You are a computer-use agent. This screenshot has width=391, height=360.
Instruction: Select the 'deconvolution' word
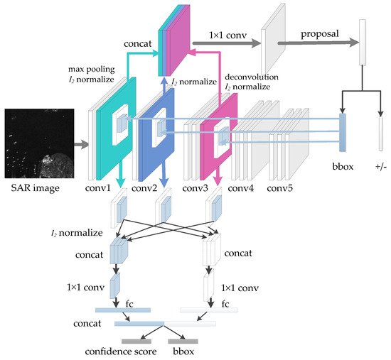(x=250, y=77)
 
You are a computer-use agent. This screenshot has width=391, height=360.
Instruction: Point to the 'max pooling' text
(x=91, y=70)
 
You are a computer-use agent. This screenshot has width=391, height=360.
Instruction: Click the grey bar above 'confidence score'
(x=136, y=341)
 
